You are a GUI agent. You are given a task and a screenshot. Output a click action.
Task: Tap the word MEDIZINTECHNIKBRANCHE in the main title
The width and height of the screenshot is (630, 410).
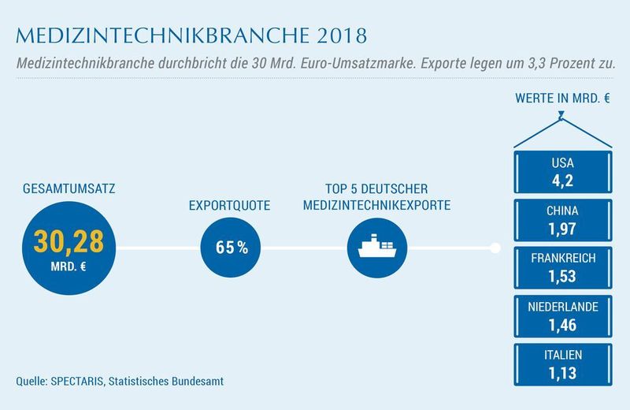click(x=150, y=35)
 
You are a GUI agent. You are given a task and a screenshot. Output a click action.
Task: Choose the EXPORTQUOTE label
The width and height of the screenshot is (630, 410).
click(x=229, y=206)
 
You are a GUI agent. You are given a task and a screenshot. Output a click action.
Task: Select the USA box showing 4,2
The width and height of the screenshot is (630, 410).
click(x=562, y=171)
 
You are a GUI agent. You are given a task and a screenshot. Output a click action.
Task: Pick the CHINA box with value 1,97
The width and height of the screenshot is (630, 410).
click(x=562, y=219)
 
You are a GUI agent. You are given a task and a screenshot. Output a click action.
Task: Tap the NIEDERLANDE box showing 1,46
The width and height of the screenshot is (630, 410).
click(x=562, y=315)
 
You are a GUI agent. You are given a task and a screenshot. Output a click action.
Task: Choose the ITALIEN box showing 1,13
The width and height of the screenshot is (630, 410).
click(x=562, y=363)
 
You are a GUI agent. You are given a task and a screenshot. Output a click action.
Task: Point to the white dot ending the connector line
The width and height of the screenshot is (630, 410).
click(x=495, y=248)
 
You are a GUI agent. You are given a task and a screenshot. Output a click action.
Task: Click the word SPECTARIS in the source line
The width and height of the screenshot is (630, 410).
click(x=84, y=381)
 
